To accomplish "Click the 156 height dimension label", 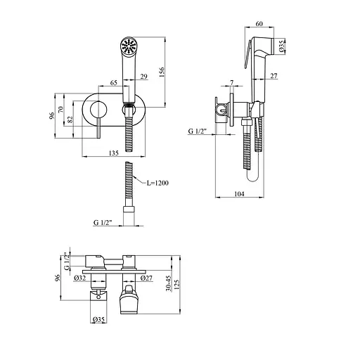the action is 162,72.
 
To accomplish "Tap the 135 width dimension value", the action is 114,153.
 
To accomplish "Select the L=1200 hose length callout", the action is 157,183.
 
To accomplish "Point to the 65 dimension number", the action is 113,83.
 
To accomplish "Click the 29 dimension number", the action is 143,77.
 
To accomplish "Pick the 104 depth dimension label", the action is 239,194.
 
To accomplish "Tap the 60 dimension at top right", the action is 259,24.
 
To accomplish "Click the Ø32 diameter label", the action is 79,278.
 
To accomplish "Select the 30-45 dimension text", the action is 169,283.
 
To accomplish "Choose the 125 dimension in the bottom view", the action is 176,285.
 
